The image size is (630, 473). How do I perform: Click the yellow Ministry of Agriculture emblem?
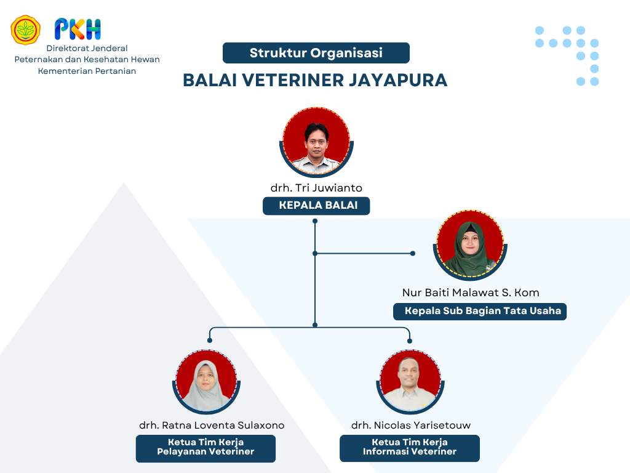pyautogui.click(x=25, y=30)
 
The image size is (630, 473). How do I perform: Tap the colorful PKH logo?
pyautogui.click(x=78, y=29)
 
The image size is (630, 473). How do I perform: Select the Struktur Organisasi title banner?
pyautogui.click(x=316, y=53)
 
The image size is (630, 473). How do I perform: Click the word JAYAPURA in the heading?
pyautogui.click(x=397, y=80)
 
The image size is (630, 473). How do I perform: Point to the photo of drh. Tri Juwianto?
pyautogui.click(x=317, y=142)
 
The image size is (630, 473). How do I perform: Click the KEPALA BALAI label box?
pyautogui.click(x=316, y=206)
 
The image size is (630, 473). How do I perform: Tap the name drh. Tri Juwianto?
pyautogui.click(x=316, y=188)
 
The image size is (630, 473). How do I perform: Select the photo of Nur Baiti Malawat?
pyautogui.click(x=470, y=245)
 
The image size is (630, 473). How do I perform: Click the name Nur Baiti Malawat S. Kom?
pyautogui.click(x=471, y=293)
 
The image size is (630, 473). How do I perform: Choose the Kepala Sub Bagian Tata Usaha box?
pyautogui.click(x=480, y=311)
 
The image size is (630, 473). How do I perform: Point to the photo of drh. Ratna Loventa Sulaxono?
pyautogui.click(x=207, y=381)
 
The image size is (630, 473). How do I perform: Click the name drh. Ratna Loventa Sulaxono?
pyautogui.click(x=212, y=425)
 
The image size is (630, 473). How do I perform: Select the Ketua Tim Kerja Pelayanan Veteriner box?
pyautogui.click(x=205, y=448)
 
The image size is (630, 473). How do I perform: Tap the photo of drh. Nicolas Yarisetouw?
pyautogui.click(x=410, y=381)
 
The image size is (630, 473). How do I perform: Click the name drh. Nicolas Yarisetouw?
pyautogui.click(x=410, y=425)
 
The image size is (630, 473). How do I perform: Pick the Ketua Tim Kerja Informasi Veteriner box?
pyautogui.click(x=410, y=448)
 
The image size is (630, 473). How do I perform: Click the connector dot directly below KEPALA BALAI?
pyautogui.click(x=315, y=221)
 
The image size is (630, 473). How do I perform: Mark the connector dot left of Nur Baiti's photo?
pyautogui.click(x=413, y=253)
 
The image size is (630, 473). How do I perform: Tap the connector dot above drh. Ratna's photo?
pyautogui.click(x=209, y=341)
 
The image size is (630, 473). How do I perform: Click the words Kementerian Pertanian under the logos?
pyautogui.click(x=87, y=71)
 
